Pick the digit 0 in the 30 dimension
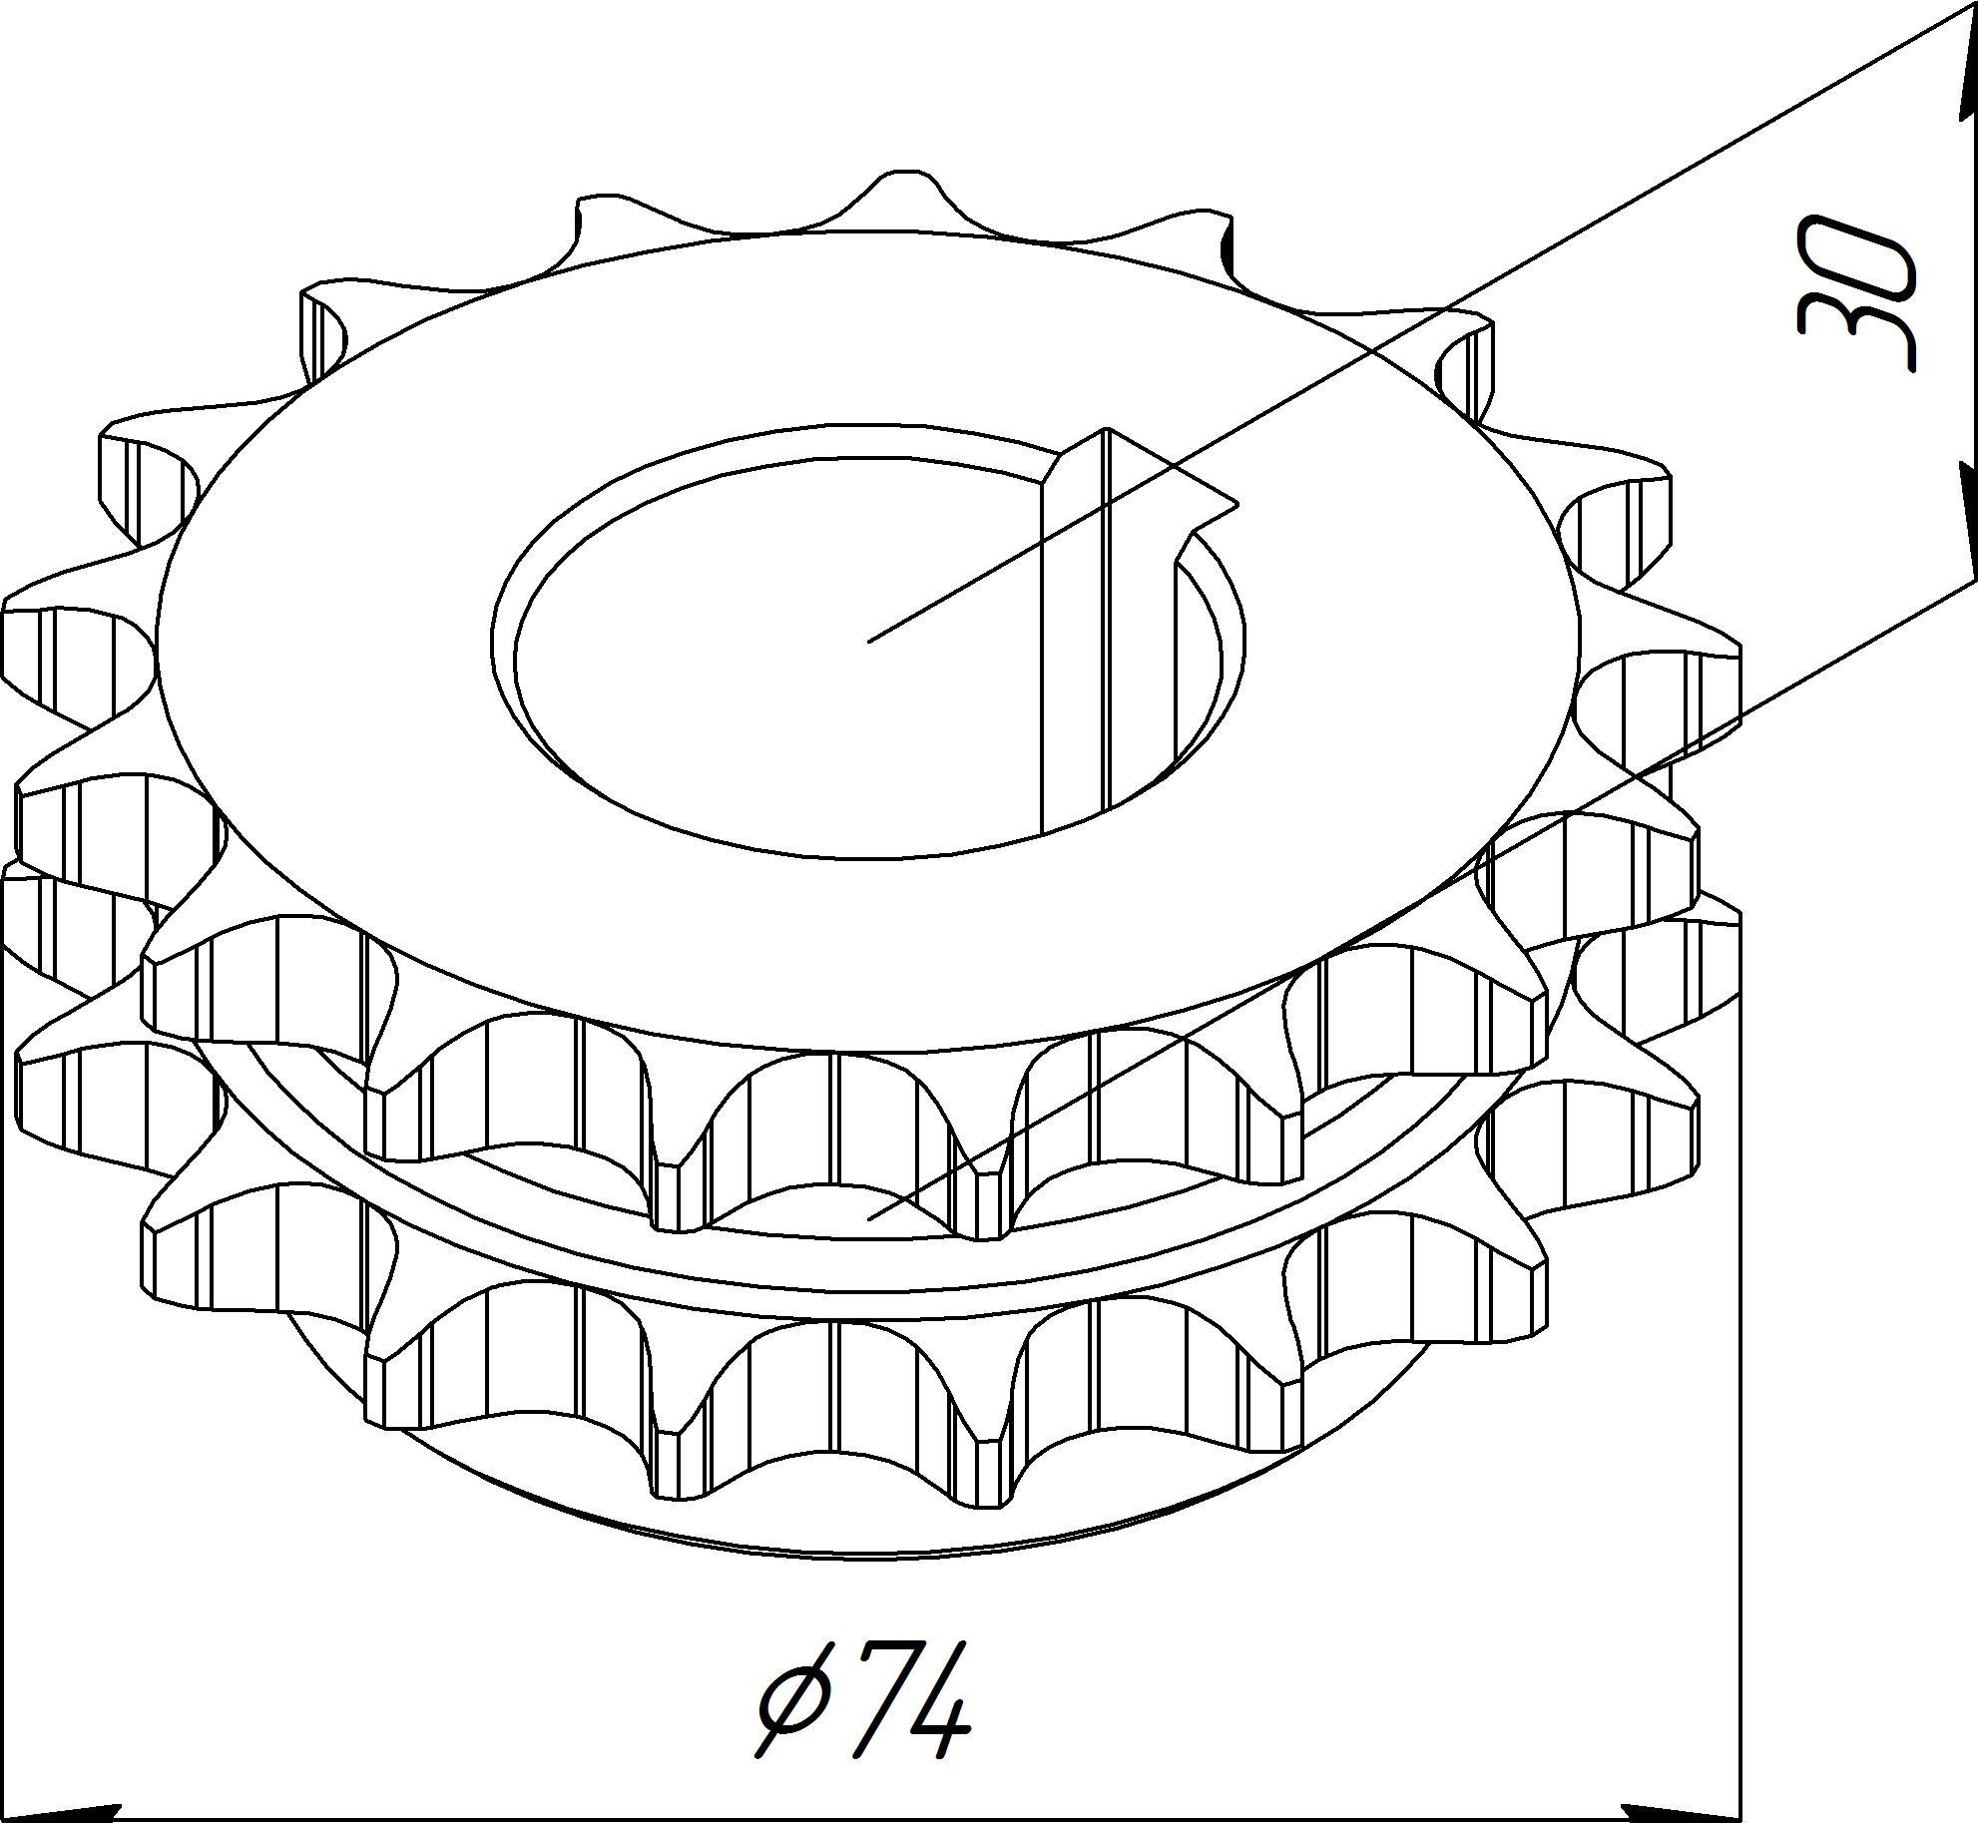pos(1857,254)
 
